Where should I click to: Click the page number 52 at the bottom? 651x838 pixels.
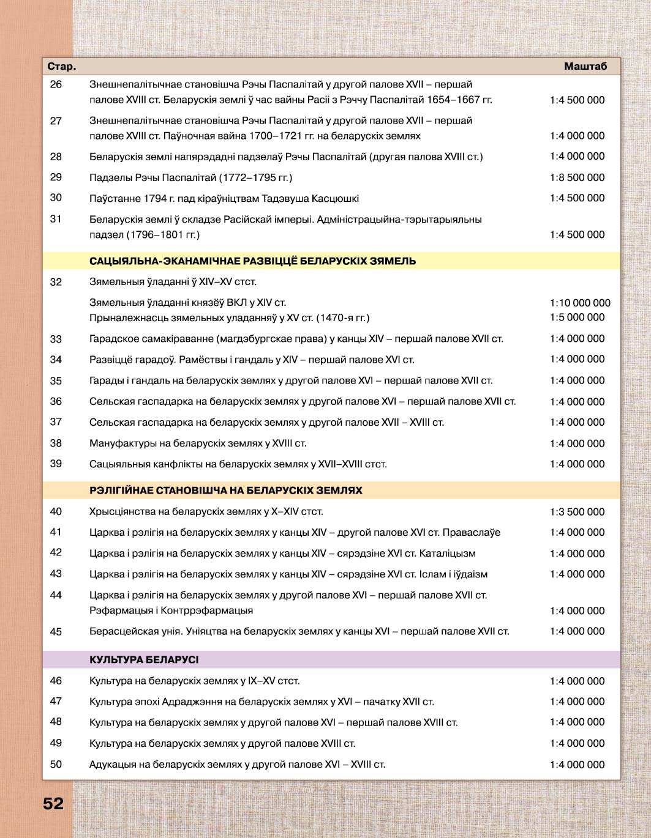[53, 803]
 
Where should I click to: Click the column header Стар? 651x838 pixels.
[62, 67]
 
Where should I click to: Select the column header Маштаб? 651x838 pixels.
[585, 67]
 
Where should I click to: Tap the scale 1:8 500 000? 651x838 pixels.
[577, 177]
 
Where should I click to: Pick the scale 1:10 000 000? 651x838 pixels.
[580, 303]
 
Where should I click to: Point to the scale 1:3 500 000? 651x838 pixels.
[577, 512]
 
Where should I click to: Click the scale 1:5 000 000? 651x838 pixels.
[577, 317]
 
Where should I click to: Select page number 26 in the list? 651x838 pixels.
[56, 84]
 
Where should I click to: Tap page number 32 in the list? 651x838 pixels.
[56, 282]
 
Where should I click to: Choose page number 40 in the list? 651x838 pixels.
[56, 511]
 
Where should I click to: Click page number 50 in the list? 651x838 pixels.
[56, 764]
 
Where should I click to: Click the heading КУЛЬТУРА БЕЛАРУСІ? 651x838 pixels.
[144, 660]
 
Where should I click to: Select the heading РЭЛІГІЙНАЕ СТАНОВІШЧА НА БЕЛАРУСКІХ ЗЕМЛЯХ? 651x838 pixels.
[226, 491]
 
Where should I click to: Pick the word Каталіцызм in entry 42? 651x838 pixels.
[447, 554]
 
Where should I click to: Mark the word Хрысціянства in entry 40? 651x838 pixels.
[121, 512]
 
